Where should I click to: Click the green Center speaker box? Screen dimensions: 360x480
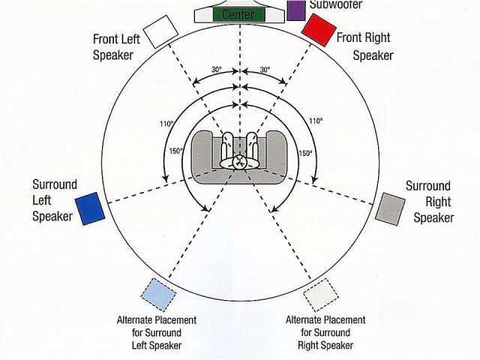point(239,13)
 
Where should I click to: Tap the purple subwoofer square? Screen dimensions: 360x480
point(295,10)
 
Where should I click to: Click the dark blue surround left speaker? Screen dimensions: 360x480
point(89,208)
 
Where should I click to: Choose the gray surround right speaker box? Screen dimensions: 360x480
point(390,207)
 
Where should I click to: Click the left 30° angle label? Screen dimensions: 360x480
point(217,70)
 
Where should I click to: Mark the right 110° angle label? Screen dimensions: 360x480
point(316,121)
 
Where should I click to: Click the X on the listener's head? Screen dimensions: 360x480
point(240,160)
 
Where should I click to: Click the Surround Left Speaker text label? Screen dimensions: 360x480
point(52,199)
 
